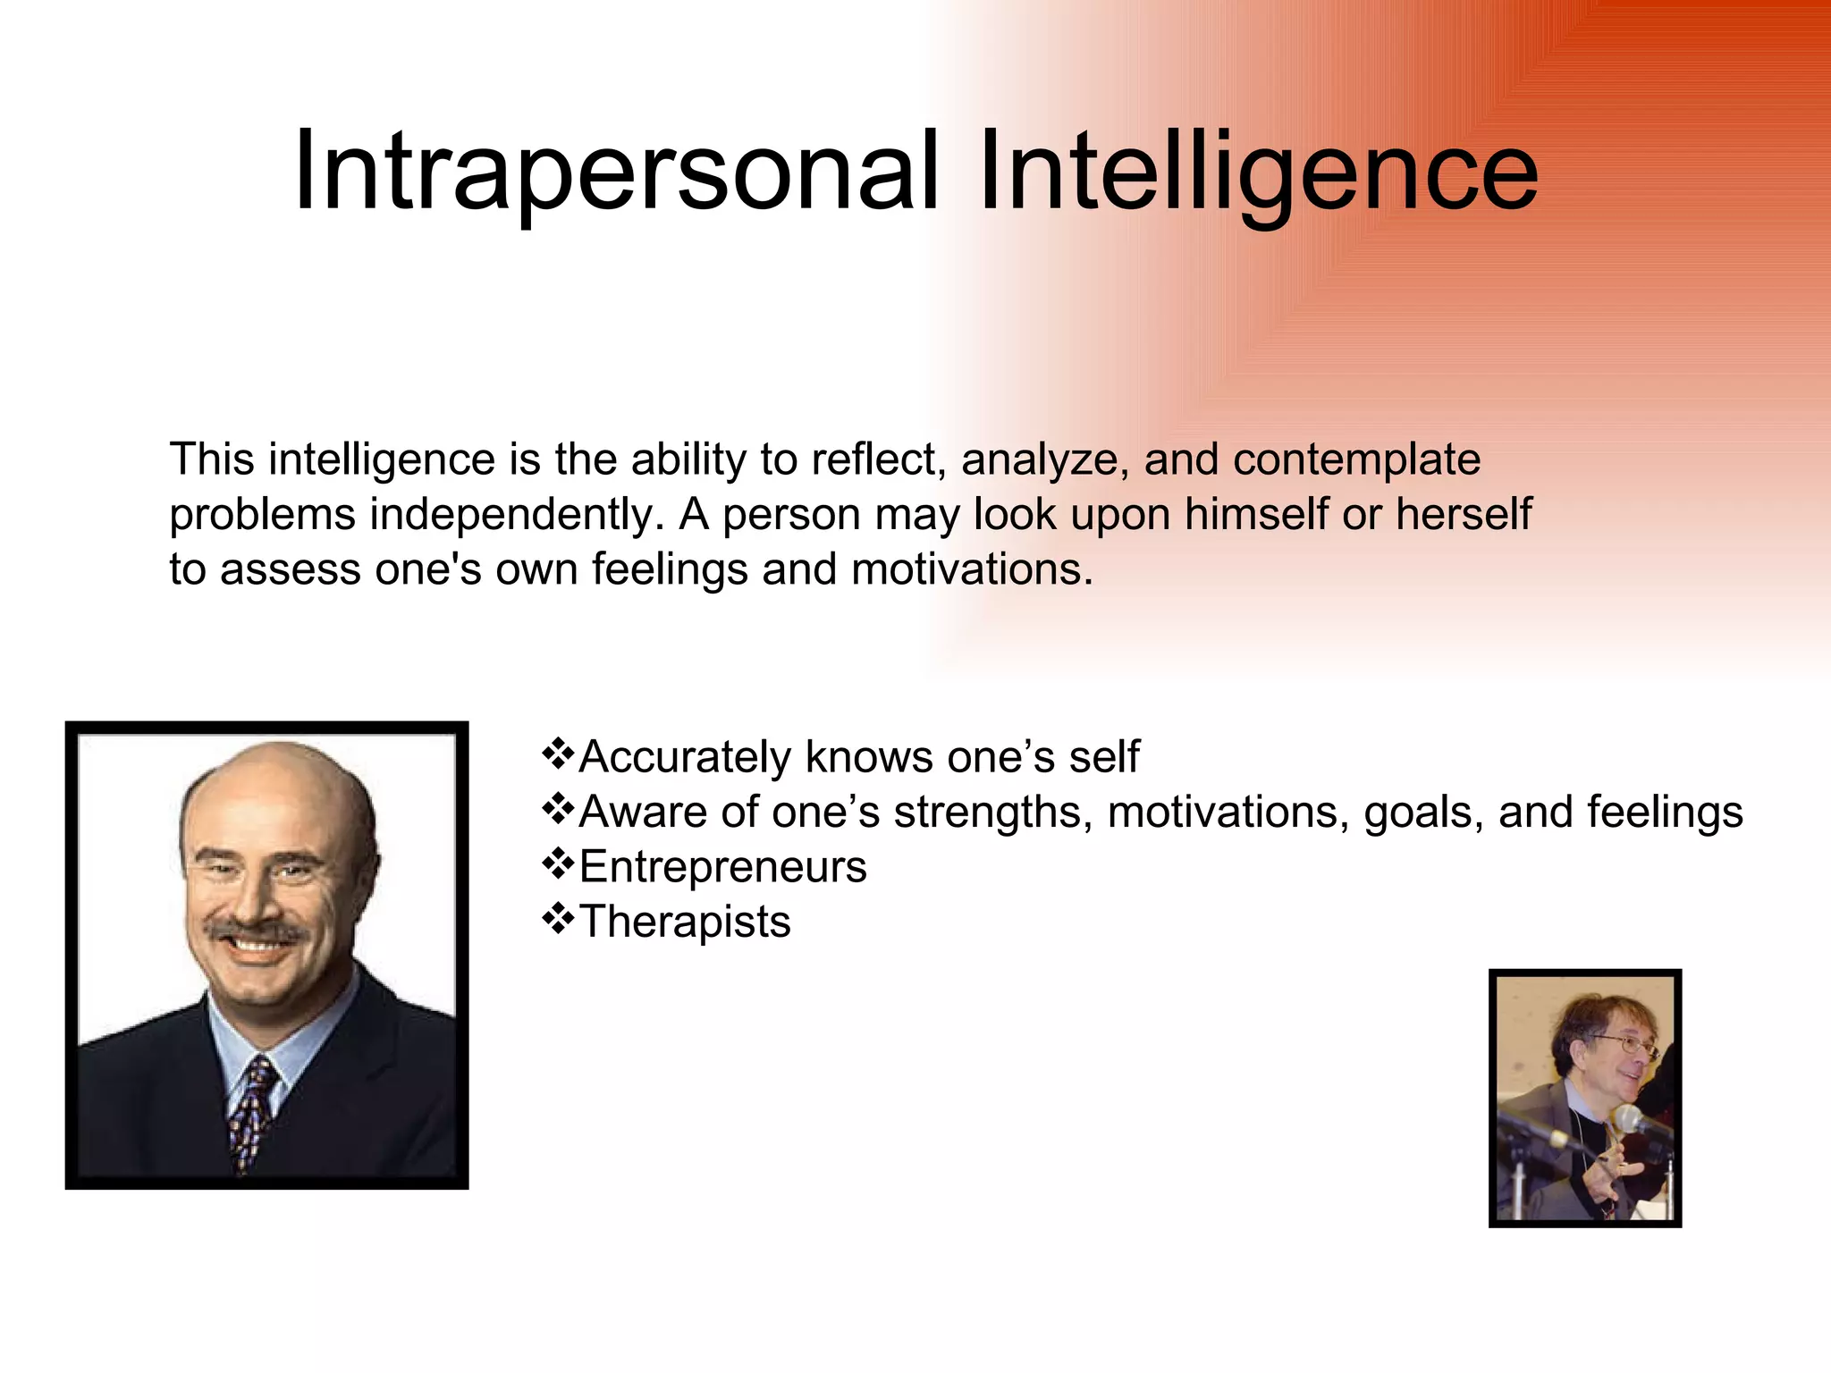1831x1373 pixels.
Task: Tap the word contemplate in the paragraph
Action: [x=1356, y=459]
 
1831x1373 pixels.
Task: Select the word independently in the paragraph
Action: [x=515, y=515]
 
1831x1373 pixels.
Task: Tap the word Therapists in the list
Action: [x=685, y=922]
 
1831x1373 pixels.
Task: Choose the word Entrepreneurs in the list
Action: [x=722, y=867]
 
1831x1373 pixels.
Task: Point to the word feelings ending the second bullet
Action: [x=1665, y=813]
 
